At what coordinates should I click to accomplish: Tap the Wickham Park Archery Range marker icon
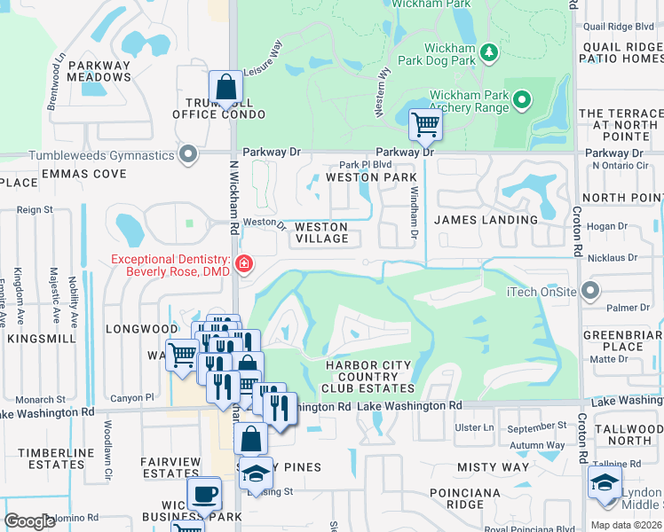[522, 99]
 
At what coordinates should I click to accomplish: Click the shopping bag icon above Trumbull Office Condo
[226, 87]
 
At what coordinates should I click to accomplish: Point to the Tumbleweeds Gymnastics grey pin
[187, 155]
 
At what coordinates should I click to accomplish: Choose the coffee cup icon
[203, 493]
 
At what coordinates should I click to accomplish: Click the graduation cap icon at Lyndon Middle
[604, 483]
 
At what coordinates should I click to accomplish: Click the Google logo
[30, 521]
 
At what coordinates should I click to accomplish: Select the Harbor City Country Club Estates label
[368, 377]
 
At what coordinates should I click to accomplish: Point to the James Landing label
[486, 219]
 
